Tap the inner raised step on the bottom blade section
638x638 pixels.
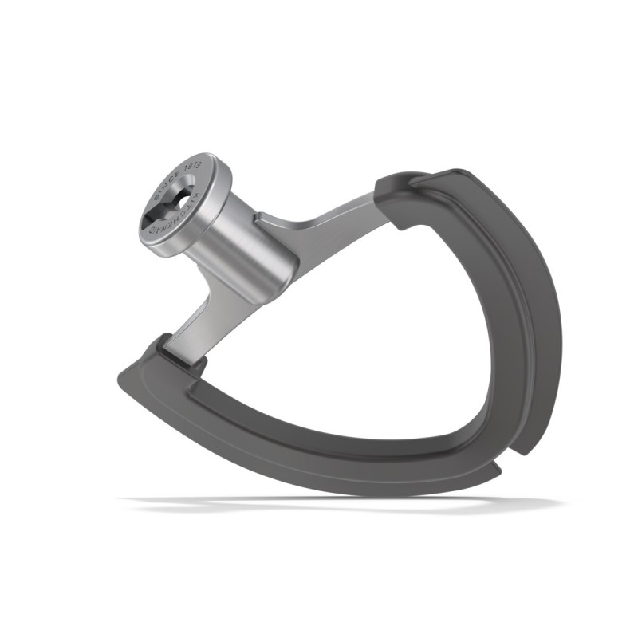[x=319, y=431]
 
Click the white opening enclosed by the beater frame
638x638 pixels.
[x=359, y=335]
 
